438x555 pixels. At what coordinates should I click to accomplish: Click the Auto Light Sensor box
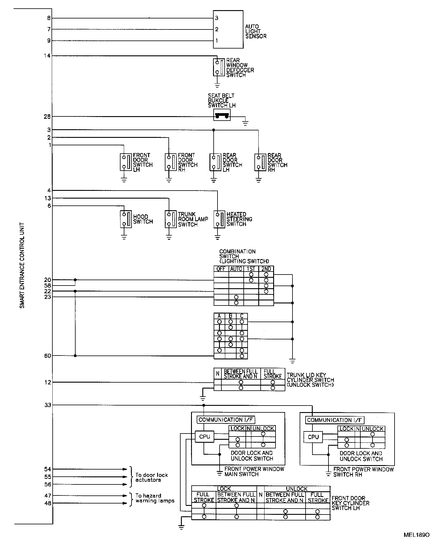pos(228,29)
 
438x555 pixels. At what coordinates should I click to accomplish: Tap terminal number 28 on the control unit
pos(47,116)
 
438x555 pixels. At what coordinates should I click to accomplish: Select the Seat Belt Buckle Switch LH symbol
pos(222,115)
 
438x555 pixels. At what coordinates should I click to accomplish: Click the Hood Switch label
pos(143,219)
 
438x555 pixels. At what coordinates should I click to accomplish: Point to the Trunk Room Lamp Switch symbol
pos(169,219)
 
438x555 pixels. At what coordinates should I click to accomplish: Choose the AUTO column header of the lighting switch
pos(236,269)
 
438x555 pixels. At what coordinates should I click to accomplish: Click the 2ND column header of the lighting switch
pos(266,269)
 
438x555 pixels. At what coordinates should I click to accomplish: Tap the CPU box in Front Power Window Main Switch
pos(204,437)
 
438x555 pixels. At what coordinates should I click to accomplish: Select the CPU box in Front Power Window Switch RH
pos(313,437)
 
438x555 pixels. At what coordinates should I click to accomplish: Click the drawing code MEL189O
pos(417,543)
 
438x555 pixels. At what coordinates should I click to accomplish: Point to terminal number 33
pos(48,405)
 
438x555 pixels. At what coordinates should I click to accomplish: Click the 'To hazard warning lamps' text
pos(155,498)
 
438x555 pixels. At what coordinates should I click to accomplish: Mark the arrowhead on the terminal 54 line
pos(125,469)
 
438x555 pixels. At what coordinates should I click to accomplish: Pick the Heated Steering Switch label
pos(239,219)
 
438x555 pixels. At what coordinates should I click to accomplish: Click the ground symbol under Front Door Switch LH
pos(124,180)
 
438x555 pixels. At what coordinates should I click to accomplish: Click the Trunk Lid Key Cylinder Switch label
pos(310,380)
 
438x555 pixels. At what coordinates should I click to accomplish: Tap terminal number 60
pos(48,356)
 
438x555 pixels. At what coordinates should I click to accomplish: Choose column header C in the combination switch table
pos(242,316)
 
